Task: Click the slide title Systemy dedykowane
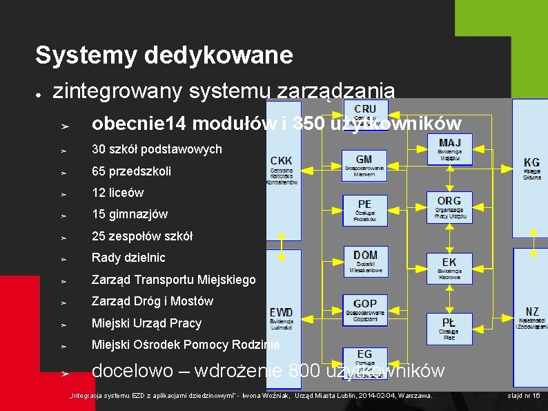(x=164, y=55)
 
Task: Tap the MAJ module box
(x=449, y=148)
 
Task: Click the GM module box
(x=364, y=166)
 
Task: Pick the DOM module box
(x=365, y=262)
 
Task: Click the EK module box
(x=449, y=267)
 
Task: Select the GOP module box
(x=364, y=309)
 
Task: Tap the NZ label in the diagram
(x=531, y=318)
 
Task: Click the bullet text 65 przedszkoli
(x=131, y=171)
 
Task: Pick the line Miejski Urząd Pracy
(x=146, y=323)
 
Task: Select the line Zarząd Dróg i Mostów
(x=153, y=301)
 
